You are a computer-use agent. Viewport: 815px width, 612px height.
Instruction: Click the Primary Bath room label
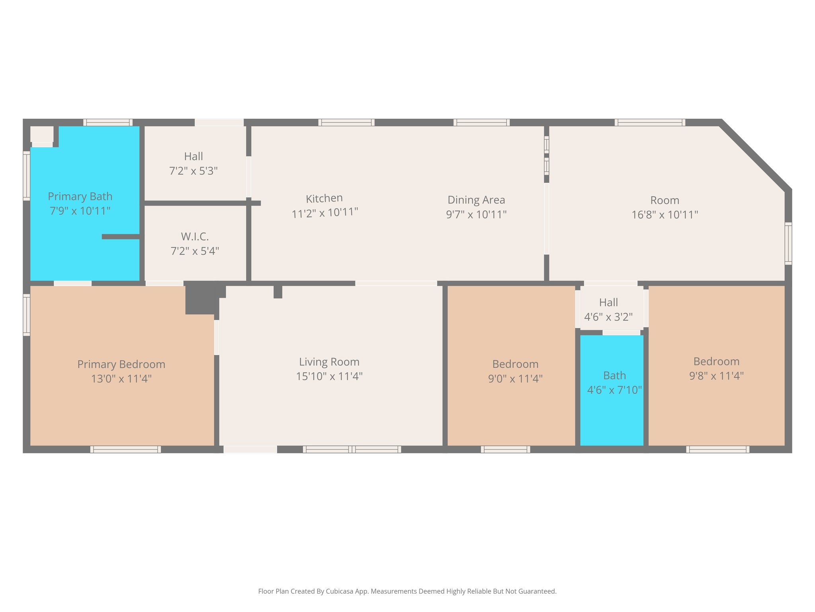(x=80, y=196)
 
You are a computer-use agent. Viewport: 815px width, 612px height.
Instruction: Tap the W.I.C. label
(x=195, y=237)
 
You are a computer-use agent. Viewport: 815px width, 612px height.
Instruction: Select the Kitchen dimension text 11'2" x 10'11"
(x=325, y=212)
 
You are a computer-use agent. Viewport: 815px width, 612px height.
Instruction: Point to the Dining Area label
(x=476, y=200)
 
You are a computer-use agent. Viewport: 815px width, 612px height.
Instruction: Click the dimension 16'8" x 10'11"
(x=665, y=215)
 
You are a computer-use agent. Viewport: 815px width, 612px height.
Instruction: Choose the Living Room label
(x=329, y=362)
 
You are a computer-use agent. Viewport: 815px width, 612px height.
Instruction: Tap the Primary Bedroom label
(x=121, y=364)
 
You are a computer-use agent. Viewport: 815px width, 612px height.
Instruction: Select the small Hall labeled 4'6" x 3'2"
(x=608, y=309)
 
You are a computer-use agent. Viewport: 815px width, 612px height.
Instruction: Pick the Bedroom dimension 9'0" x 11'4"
(x=515, y=379)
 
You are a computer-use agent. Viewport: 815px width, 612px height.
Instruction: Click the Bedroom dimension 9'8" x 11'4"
(x=716, y=376)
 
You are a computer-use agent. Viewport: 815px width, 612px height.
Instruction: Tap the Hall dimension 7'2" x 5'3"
(x=193, y=171)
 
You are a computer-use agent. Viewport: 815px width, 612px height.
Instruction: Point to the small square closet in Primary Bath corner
(x=42, y=134)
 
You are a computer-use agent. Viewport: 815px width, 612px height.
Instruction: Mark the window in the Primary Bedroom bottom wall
(x=125, y=449)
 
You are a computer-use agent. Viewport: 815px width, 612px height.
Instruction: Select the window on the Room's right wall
(x=788, y=243)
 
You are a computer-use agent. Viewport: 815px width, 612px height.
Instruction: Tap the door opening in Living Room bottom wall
(x=250, y=449)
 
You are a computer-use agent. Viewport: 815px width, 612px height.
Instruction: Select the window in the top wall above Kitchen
(x=346, y=122)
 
